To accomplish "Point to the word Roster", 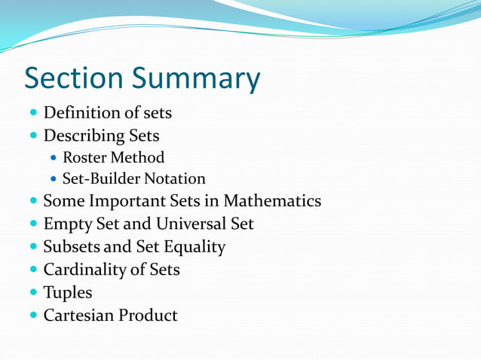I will point(84,157).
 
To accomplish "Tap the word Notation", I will point(175,178).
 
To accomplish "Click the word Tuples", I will point(67,292).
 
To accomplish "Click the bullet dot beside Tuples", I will point(33,292).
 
